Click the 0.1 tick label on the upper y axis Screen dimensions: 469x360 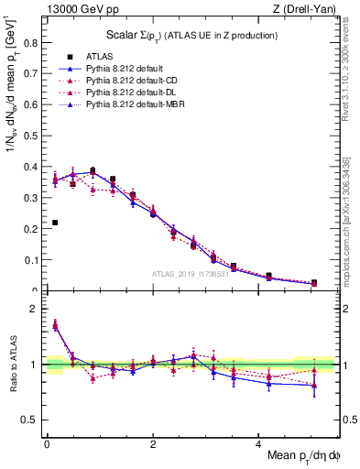(30, 260)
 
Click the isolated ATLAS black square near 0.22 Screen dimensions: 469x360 (55, 223)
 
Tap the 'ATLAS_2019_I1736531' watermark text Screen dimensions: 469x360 (190, 274)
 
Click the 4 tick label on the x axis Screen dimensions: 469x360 (258, 443)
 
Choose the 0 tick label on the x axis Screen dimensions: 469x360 (47, 443)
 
